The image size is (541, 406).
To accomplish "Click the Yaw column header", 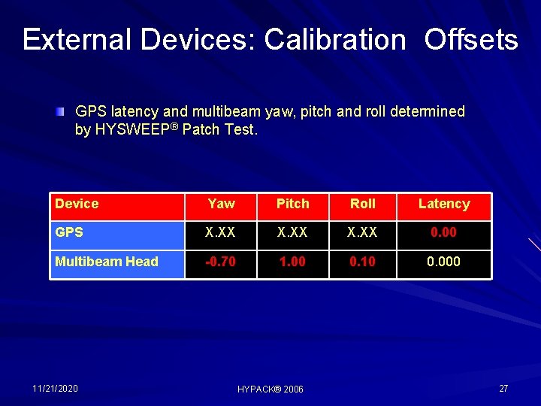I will [221, 204].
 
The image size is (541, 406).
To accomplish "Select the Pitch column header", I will [292, 204].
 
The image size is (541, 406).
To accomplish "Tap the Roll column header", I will [363, 204].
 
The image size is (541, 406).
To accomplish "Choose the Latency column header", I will [443, 204].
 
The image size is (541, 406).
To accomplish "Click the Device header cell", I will [77, 204].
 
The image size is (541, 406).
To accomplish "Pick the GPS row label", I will [69, 232].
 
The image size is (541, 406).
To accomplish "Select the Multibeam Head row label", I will [107, 262].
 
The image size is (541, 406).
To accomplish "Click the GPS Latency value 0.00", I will [443, 232].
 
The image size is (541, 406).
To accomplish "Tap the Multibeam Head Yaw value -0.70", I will [221, 262].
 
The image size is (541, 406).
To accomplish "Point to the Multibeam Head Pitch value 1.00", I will [292, 262].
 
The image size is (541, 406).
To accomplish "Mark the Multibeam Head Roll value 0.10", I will [363, 262].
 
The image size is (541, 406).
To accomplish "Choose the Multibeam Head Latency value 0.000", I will [443, 262].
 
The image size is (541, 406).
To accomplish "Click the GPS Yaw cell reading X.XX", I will [221, 232].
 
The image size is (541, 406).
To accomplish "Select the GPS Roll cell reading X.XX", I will [363, 232].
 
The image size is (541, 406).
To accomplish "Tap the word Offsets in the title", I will [471, 39].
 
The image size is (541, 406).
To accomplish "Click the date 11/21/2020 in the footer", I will [55, 388].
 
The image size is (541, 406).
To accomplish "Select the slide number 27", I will [503, 388].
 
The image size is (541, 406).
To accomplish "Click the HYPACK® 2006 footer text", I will [270, 389].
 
